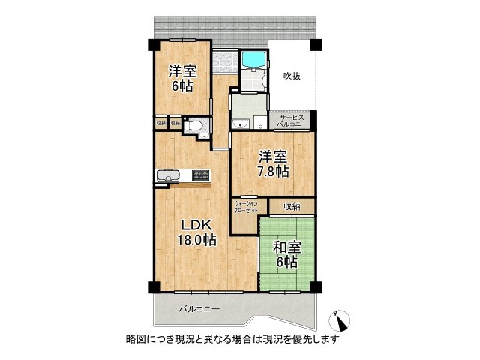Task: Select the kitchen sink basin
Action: (x=166, y=176)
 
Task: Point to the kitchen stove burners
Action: (x=201, y=175)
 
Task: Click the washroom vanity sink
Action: (x=240, y=124)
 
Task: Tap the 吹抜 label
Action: (x=292, y=75)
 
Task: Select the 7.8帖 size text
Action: (x=273, y=172)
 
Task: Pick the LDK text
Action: (x=196, y=225)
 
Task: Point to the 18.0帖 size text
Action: (x=196, y=240)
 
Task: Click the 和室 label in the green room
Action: (x=286, y=246)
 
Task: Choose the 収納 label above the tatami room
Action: (x=292, y=206)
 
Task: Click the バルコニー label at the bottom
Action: (x=199, y=308)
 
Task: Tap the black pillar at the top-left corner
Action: (x=152, y=43)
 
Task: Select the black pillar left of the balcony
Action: (x=153, y=287)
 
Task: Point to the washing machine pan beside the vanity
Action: (x=259, y=124)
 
